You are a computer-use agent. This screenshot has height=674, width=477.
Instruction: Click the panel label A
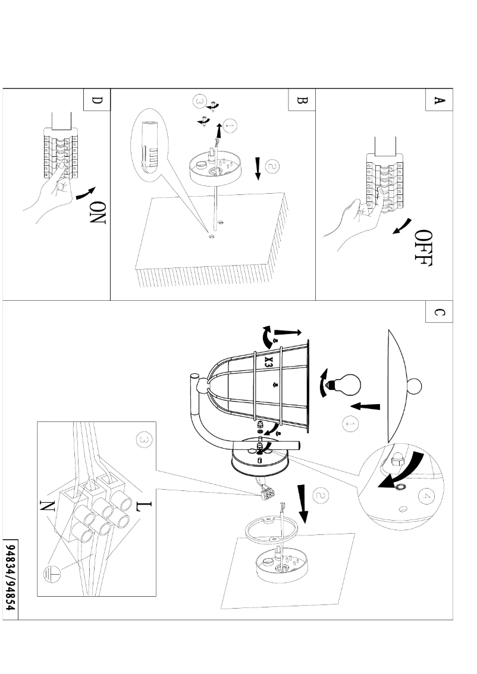[x=439, y=100]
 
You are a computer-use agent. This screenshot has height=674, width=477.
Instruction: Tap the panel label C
[x=439, y=313]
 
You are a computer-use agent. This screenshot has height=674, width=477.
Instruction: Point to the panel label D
[x=97, y=100]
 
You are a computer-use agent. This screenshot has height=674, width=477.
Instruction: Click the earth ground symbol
[x=50, y=574]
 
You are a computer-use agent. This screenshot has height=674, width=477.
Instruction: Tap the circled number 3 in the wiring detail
[x=142, y=440]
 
